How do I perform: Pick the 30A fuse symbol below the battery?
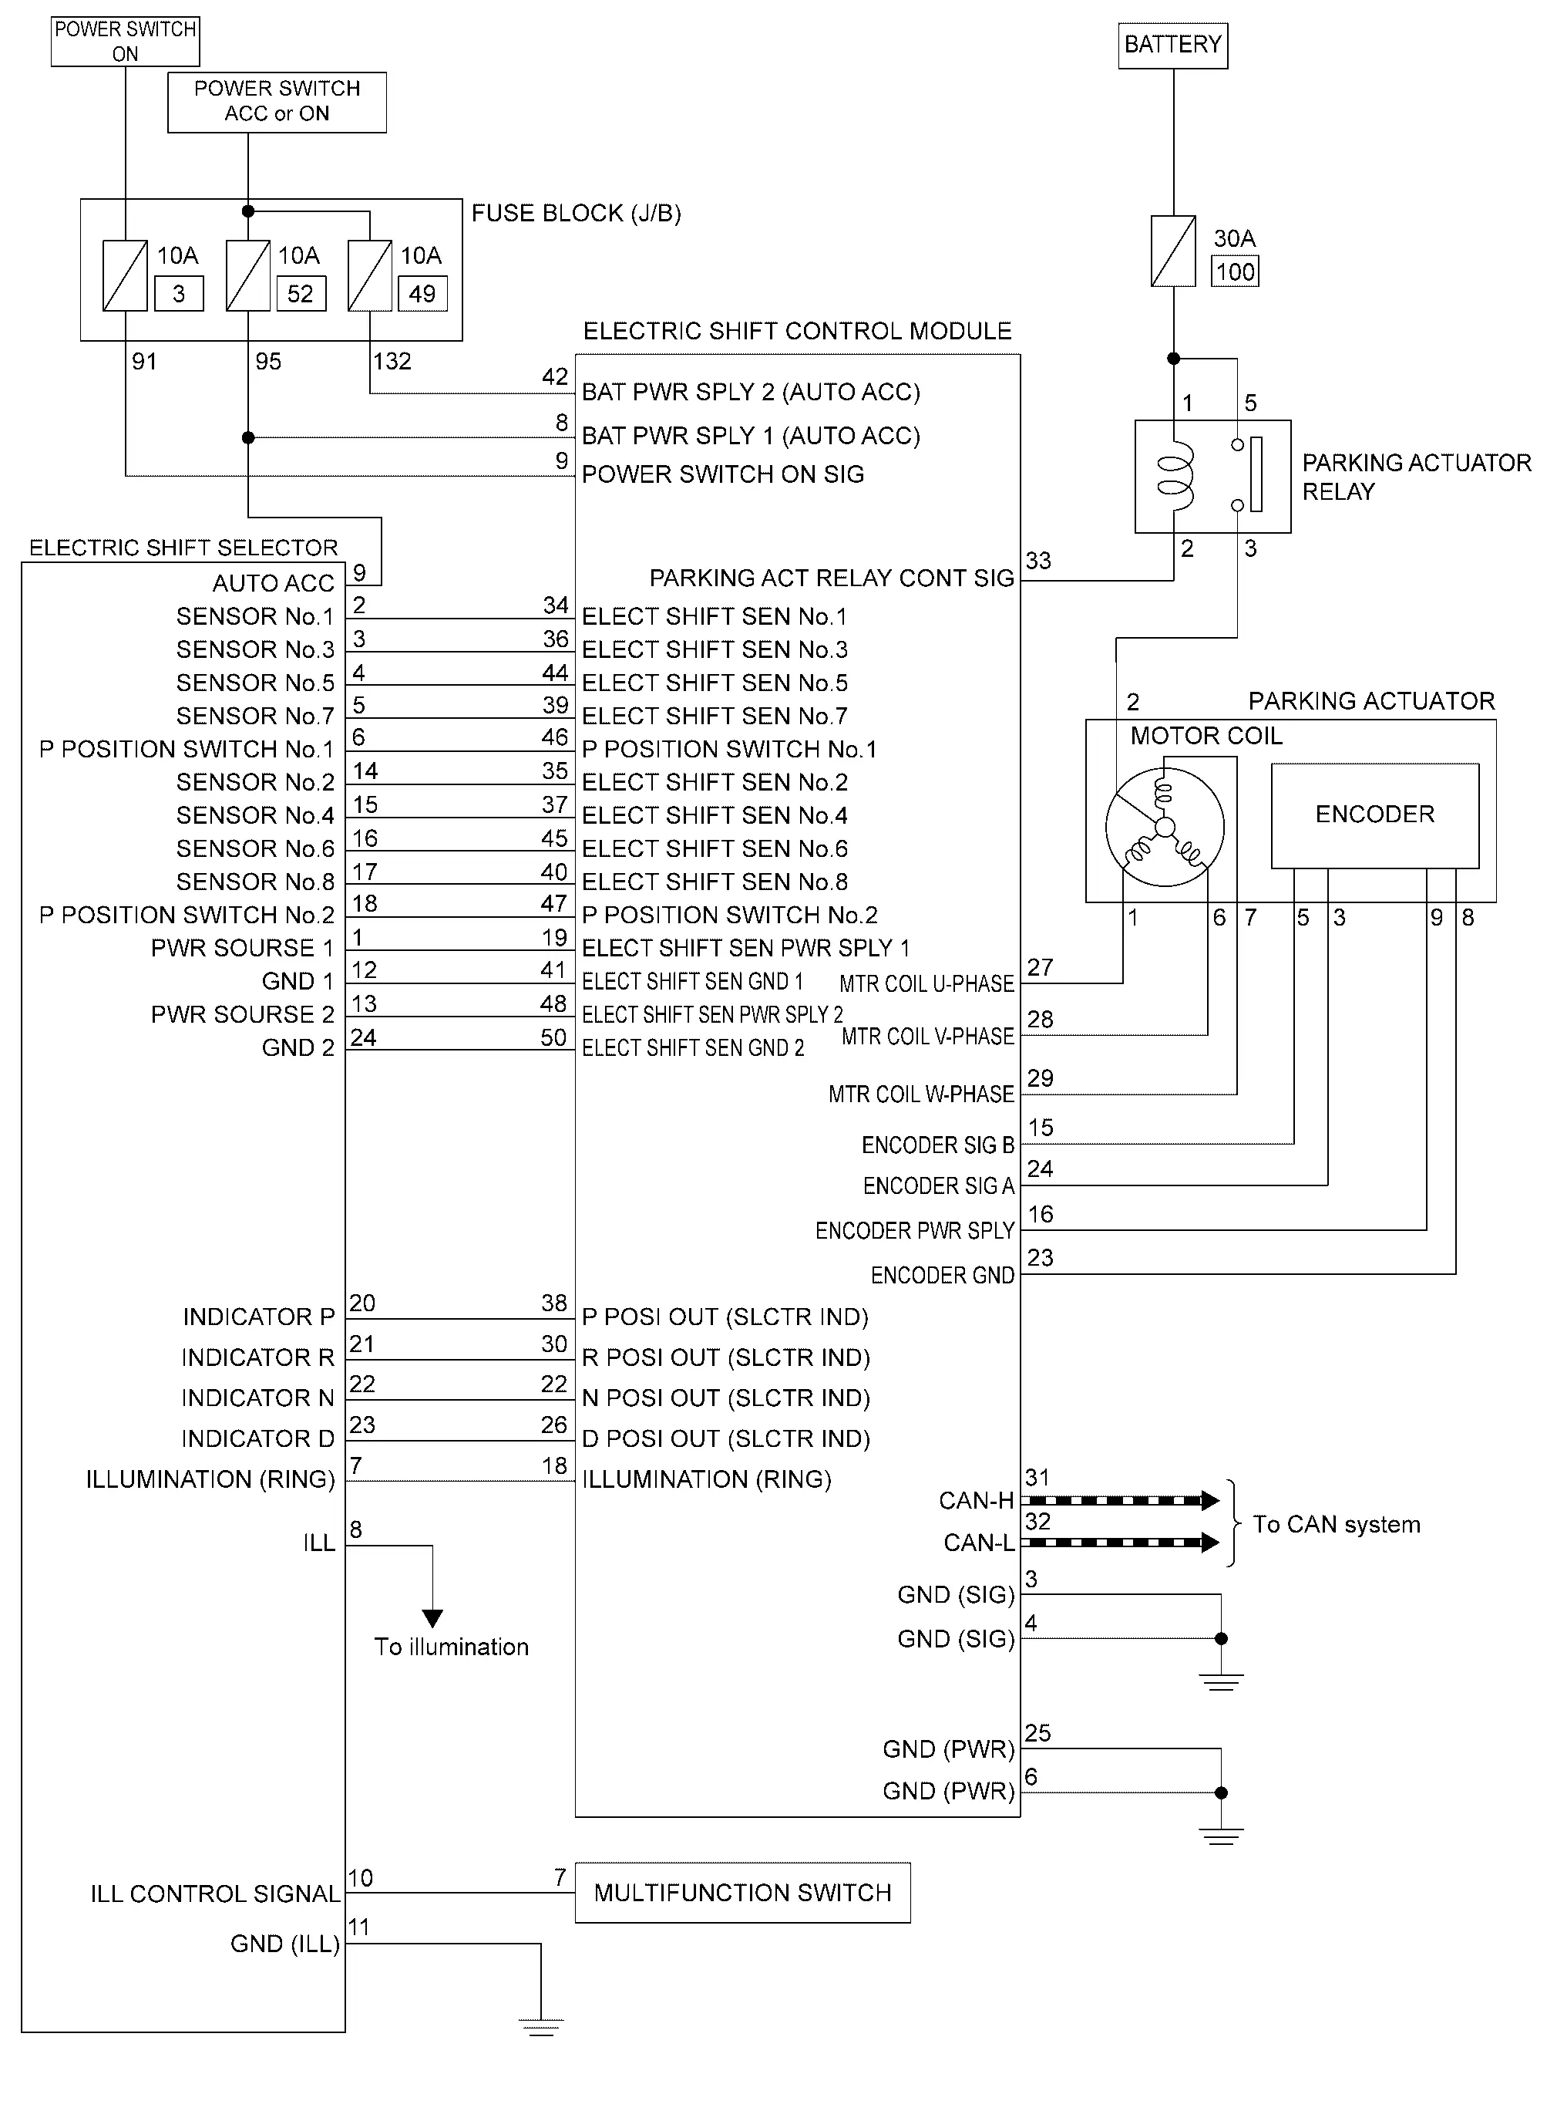point(1173,251)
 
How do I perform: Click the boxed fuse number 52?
point(301,293)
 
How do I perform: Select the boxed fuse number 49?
point(422,293)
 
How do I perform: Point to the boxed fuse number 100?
point(1235,271)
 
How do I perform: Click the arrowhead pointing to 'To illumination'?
point(432,1618)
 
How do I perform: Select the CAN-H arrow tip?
point(1219,1500)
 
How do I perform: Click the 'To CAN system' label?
point(1337,1525)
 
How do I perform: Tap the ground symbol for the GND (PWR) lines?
point(1222,1836)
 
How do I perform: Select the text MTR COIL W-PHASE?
point(921,1094)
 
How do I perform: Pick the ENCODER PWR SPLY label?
point(914,1230)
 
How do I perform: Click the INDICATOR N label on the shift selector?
point(258,1398)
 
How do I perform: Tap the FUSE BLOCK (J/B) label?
point(576,213)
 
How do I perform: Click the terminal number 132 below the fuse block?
point(392,361)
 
